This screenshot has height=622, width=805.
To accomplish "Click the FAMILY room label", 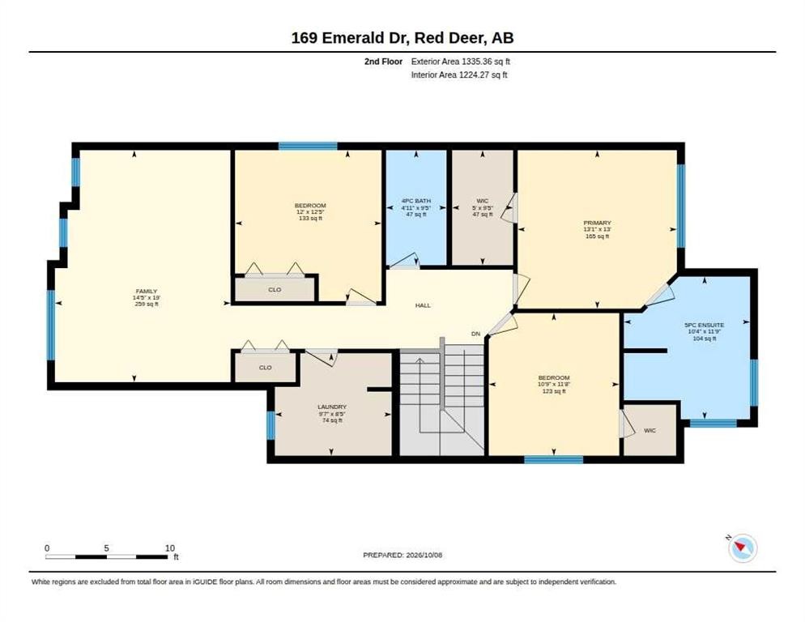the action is coord(147,292).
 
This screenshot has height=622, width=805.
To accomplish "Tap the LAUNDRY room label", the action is coord(332,407).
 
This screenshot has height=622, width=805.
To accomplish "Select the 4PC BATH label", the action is coord(415,201).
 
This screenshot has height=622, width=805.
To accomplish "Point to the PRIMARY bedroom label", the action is coord(597,223).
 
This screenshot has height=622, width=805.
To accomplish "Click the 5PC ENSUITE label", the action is coord(705,325).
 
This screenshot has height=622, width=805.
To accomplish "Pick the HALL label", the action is coord(423,305).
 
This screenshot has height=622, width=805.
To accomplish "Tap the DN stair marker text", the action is coord(476,334).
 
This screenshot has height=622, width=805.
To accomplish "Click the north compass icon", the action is coord(743,548).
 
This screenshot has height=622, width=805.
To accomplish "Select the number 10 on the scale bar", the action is coord(170,548).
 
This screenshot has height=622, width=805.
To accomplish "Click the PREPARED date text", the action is coord(402,556).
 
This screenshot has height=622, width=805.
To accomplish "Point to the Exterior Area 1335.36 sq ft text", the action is coord(461,62).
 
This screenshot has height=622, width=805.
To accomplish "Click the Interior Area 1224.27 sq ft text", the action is coord(459,75).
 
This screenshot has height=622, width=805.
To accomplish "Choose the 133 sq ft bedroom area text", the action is coord(310,219).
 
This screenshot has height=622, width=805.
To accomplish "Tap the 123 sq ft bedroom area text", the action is coord(553,391).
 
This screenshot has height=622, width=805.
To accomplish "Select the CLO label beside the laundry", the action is coord(266,368).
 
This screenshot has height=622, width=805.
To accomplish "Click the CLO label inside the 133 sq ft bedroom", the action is coord(275,290).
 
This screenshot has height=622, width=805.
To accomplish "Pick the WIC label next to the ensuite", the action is coord(650,430).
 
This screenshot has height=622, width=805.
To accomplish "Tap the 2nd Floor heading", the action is coord(384,62).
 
